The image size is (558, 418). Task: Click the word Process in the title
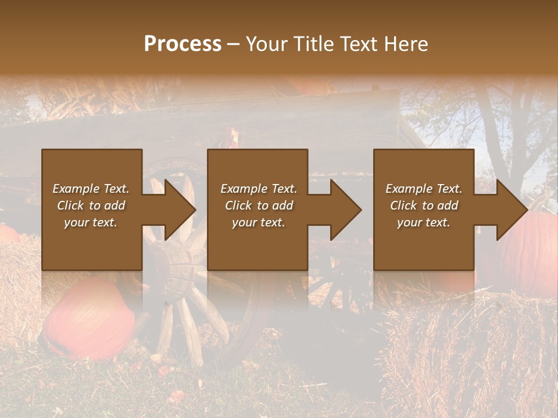tap(183, 44)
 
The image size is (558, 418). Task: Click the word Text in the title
tap(358, 44)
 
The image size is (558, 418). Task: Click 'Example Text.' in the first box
tap(91, 189)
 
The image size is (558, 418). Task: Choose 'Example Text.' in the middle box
tap(259, 189)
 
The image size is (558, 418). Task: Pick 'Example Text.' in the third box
tap(424, 189)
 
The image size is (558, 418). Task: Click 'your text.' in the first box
tap(91, 222)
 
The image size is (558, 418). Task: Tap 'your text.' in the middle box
tap(259, 222)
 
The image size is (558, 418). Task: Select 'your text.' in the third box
tap(424, 222)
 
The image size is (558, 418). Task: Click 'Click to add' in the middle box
tap(259, 206)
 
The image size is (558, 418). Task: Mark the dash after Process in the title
tap(234, 45)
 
